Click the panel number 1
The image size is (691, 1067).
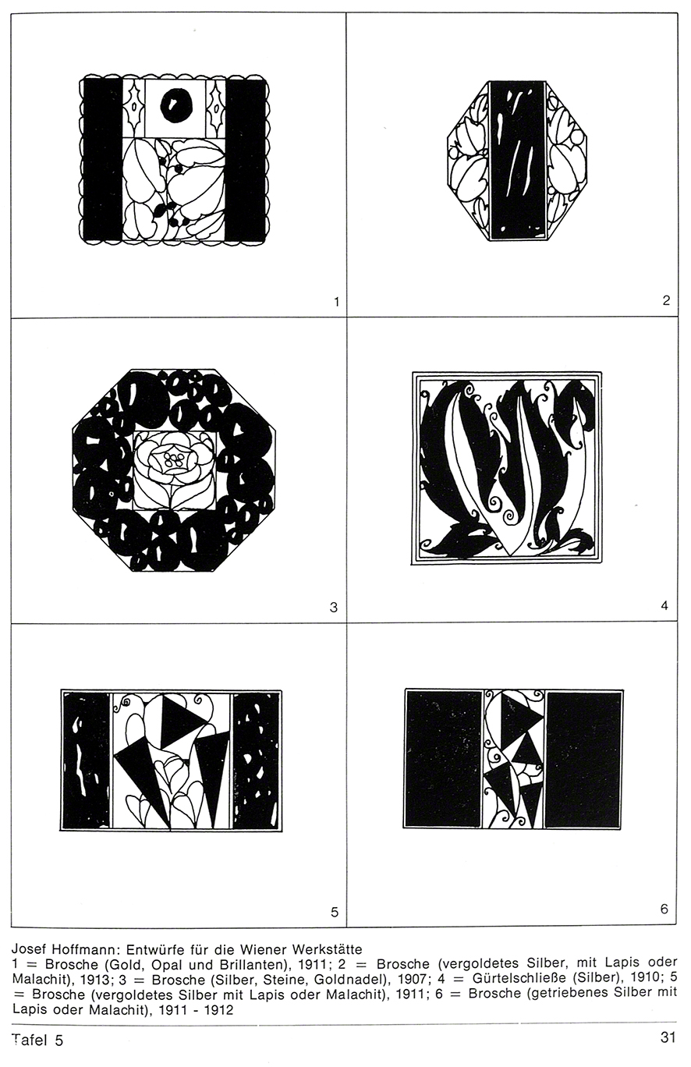337,302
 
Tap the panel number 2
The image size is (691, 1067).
666,300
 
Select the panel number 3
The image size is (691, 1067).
333,608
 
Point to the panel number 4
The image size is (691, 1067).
664,605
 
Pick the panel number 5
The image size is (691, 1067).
335,913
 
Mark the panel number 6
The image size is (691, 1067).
664,909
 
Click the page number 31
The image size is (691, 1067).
668,1037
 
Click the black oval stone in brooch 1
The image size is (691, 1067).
175,105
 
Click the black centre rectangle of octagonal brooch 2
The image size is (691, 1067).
518,161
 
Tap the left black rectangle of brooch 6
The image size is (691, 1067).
443,759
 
